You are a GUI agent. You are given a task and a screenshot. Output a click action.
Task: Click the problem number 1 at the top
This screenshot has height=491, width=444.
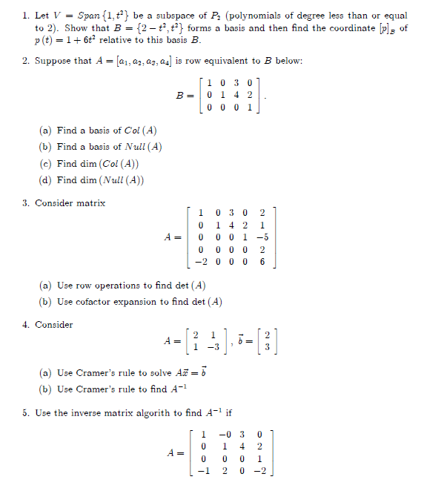click(x=25, y=15)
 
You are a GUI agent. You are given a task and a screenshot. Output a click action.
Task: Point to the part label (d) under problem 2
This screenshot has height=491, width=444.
click(x=45, y=180)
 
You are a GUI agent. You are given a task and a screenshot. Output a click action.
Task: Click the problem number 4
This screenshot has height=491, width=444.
click(x=25, y=325)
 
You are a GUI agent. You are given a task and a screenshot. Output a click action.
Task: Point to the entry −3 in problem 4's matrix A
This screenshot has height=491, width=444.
click(x=212, y=346)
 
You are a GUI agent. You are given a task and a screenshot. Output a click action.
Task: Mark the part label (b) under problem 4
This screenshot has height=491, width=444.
click(x=45, y=389)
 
